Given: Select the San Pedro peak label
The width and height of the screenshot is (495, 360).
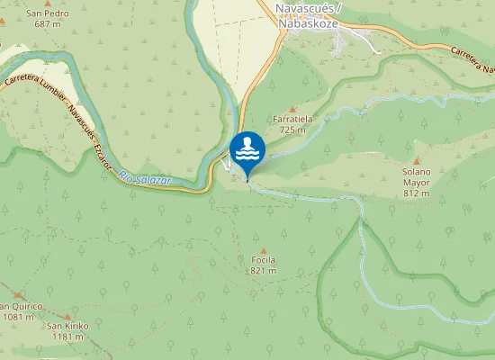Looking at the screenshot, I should (47, 13).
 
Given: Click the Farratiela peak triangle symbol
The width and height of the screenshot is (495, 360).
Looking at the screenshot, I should (292, 109).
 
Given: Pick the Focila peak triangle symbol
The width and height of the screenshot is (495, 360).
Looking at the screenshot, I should (263, 251).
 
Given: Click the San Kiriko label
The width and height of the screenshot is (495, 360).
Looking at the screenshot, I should (67, 326).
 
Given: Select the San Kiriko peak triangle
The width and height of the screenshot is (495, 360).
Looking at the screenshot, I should (67, 317).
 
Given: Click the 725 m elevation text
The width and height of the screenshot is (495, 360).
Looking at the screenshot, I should (292, 130).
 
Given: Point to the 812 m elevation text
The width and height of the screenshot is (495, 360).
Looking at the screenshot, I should (417, 193).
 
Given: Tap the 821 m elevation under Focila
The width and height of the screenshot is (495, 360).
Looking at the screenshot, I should (263, 270).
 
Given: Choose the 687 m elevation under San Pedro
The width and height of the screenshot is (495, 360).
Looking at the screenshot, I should (47, 24).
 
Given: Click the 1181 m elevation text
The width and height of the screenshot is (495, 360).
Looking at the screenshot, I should (67, 337).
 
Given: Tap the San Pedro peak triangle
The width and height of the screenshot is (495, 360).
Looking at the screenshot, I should (47, 4).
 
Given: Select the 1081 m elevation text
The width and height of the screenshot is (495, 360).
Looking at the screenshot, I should (16, 316).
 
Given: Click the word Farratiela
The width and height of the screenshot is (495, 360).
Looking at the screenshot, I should (292, 119).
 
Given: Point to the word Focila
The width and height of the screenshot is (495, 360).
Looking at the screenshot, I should (263, 260).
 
